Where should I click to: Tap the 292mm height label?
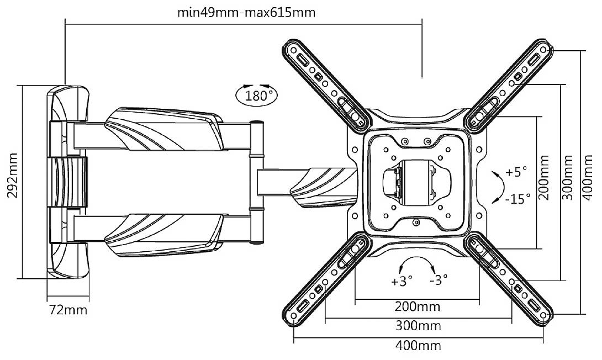12,182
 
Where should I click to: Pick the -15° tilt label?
517,197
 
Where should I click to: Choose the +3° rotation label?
402,281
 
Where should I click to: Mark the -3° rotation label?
439,281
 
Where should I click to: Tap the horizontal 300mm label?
418,326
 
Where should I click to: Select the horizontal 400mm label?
418,346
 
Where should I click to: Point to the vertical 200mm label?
545,182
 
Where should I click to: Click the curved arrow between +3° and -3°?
418,263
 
